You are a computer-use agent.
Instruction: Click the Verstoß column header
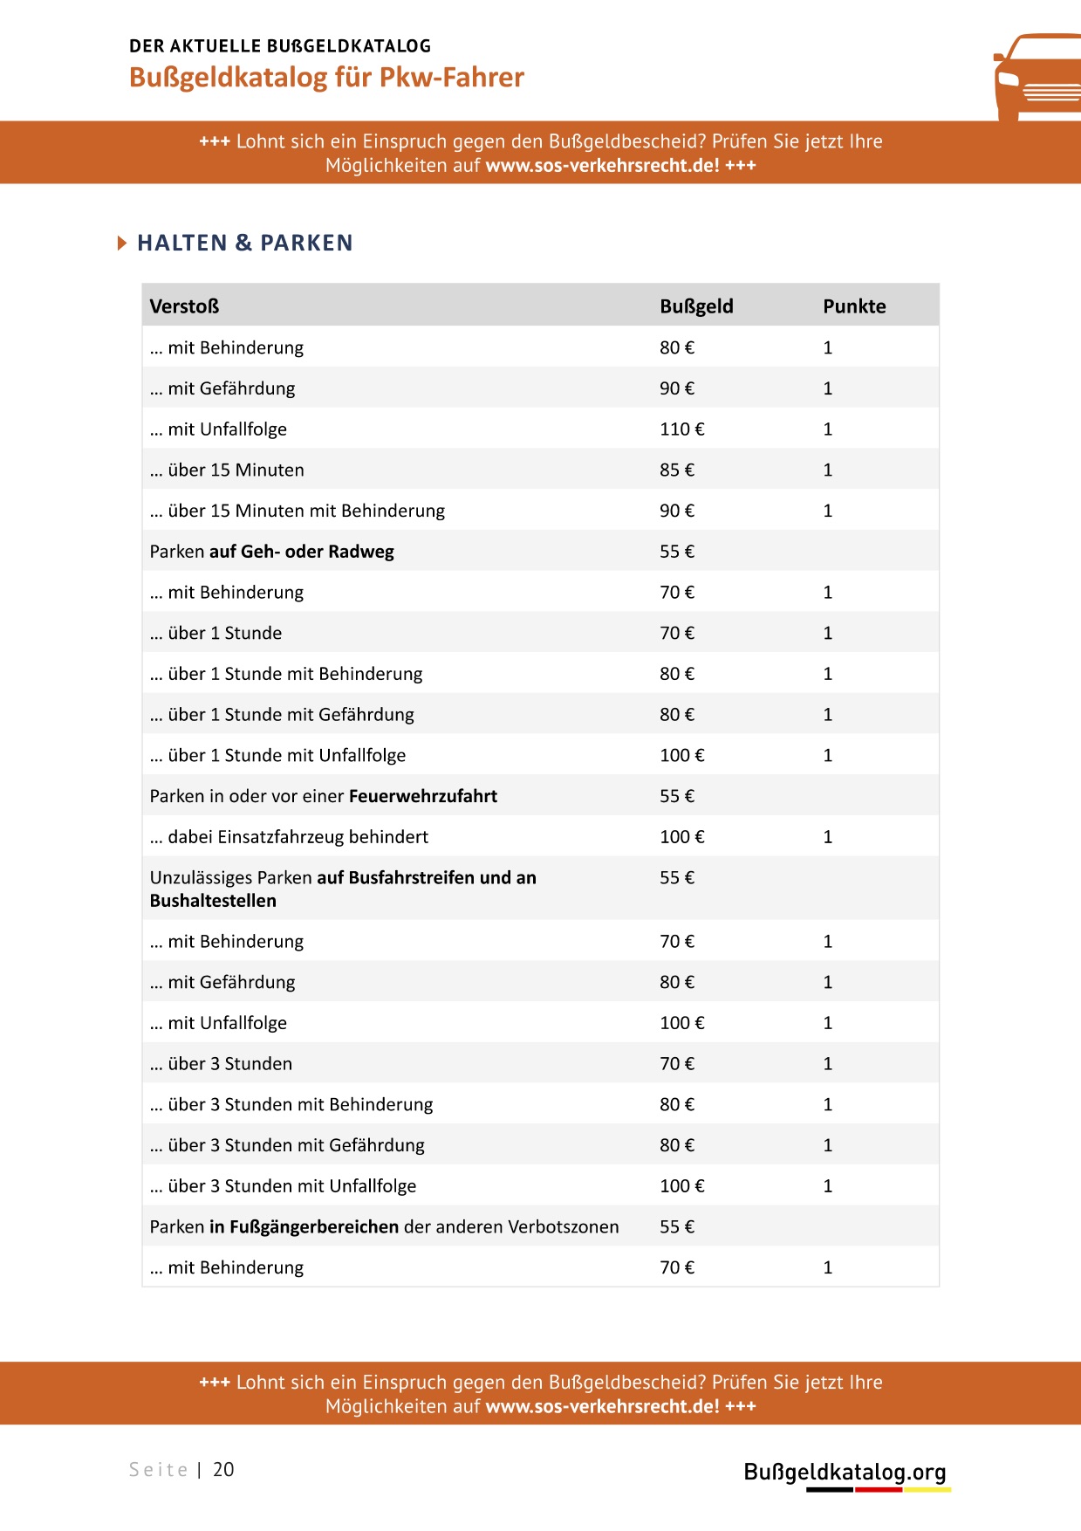click(x=184, y=306)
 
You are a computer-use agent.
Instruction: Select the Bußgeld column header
click(x=696, y=306)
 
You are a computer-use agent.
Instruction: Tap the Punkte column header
click(x=854, y=306)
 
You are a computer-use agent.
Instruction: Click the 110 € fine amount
click(x=681, y=429)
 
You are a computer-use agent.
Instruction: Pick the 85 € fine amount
click(x=677, y=470)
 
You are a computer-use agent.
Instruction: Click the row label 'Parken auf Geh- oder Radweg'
click(x=271, y=552)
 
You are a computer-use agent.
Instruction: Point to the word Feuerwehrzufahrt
click(x=423, y=796)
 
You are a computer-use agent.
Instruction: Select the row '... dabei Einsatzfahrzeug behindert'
click(x=289, y=837)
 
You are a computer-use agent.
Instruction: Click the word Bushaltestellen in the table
click(x=213, y=901)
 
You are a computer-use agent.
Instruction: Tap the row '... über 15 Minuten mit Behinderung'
click(x=297, y=511)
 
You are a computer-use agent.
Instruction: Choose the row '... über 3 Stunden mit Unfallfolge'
click(x=283, y=1186)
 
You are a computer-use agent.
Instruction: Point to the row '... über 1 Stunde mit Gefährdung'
click(x=282, y=715)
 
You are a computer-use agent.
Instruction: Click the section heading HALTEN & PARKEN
click(x=245, y=243)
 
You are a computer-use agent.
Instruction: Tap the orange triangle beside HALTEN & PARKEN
click(x=122, y=243)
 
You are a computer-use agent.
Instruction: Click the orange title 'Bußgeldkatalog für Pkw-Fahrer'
click(x=326, y=78)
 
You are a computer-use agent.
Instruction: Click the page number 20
click(x=223, y=1469)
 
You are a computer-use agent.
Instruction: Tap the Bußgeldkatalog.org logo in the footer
click(x=845, y=1473)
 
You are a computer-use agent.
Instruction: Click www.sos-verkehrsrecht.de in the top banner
click(x=602, y=166)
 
